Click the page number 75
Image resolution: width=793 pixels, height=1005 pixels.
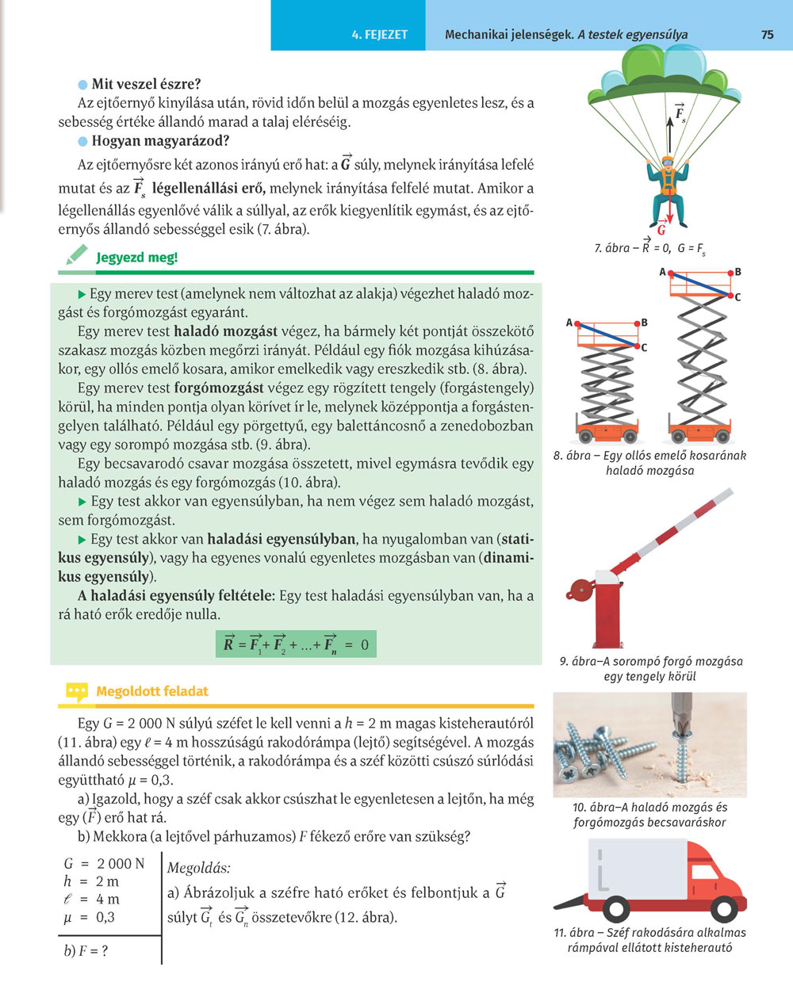767,34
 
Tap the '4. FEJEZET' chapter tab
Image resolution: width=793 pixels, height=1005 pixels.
379,34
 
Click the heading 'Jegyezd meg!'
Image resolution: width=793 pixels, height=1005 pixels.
136,258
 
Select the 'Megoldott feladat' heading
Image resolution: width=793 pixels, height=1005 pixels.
151,691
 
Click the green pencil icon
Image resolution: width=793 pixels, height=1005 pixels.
75,255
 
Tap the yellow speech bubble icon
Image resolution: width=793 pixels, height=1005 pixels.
76,692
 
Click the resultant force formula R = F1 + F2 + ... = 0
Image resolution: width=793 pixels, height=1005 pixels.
296,644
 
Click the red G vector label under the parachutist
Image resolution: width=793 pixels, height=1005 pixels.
661,231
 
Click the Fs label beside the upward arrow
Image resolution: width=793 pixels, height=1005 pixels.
680,113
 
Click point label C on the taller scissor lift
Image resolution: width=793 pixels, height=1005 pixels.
737,297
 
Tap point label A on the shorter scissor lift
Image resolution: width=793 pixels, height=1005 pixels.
569,323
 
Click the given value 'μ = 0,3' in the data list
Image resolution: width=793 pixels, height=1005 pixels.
90,918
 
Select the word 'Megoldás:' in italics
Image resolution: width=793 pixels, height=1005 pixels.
199,869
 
